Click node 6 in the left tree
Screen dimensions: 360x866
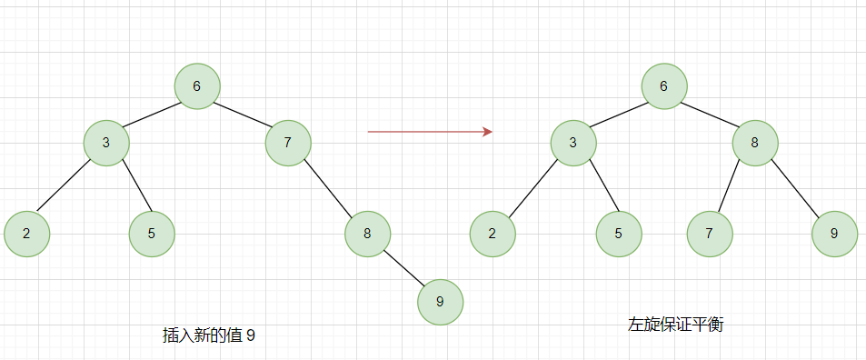[197, 86]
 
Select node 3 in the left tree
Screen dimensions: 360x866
[105, 142]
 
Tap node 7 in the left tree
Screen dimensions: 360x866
[288, 142]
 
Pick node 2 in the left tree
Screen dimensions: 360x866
[26, 233]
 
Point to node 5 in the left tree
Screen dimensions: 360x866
[151, 233]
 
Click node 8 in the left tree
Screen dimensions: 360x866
[367, 233]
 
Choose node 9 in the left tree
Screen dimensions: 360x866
[440, 302]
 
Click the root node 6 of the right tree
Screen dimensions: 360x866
[663, 86]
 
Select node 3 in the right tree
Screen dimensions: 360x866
[572, 143]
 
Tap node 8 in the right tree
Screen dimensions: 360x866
[754, 143]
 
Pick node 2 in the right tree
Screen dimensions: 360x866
[493, 233]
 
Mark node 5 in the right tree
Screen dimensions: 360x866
[618, 233]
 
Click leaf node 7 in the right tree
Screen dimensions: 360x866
[709, 233]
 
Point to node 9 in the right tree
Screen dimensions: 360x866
[834, 233]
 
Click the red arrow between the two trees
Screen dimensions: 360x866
[429, 132]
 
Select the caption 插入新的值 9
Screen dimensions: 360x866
[208, 335]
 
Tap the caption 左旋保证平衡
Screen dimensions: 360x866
[675, 325]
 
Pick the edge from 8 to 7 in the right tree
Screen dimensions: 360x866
[732, 187]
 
